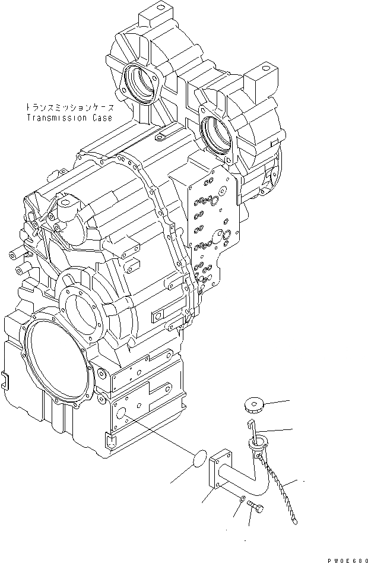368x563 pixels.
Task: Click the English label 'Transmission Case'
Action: (69, 118)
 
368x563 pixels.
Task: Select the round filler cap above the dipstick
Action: (253, 407)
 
